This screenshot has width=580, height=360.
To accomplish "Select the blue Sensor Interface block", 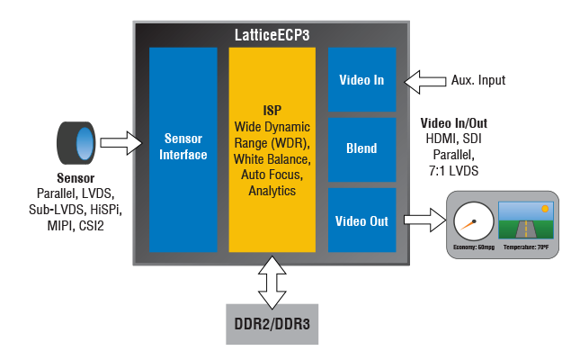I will pos(183,149).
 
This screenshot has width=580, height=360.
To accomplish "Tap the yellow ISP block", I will pos(272,149).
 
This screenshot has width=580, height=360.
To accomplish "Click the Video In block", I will pos(361,80).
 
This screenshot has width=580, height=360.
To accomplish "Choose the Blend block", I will pos(361,148).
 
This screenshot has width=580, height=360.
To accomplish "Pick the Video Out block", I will pos(361,220).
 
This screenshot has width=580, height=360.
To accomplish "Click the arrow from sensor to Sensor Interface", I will pos(120,142).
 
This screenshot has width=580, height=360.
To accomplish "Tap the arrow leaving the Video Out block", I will pos(422,220).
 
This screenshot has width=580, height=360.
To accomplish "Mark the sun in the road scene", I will pos(545,208).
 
